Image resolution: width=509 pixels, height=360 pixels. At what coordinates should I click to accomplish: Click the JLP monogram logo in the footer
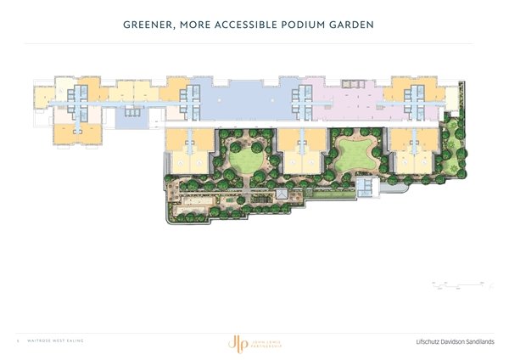coord(232,342)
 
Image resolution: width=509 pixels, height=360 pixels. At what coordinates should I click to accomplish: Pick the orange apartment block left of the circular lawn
coord(187,148)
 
